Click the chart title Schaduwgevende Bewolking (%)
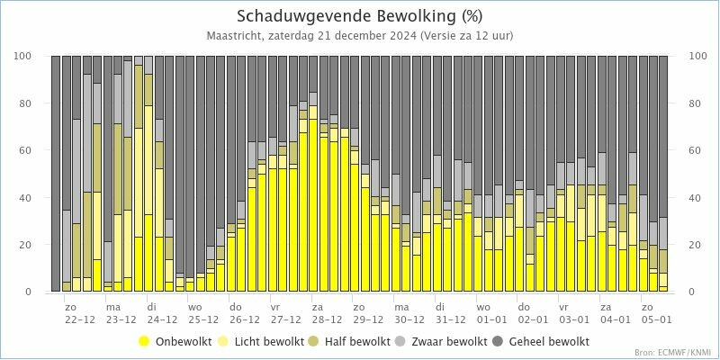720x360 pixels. point(360,16)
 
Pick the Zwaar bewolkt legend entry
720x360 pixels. point(448,342)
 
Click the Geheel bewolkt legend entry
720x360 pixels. point(549,342)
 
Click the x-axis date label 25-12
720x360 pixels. point(203,319)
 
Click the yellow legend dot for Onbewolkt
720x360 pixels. point(144,342)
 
